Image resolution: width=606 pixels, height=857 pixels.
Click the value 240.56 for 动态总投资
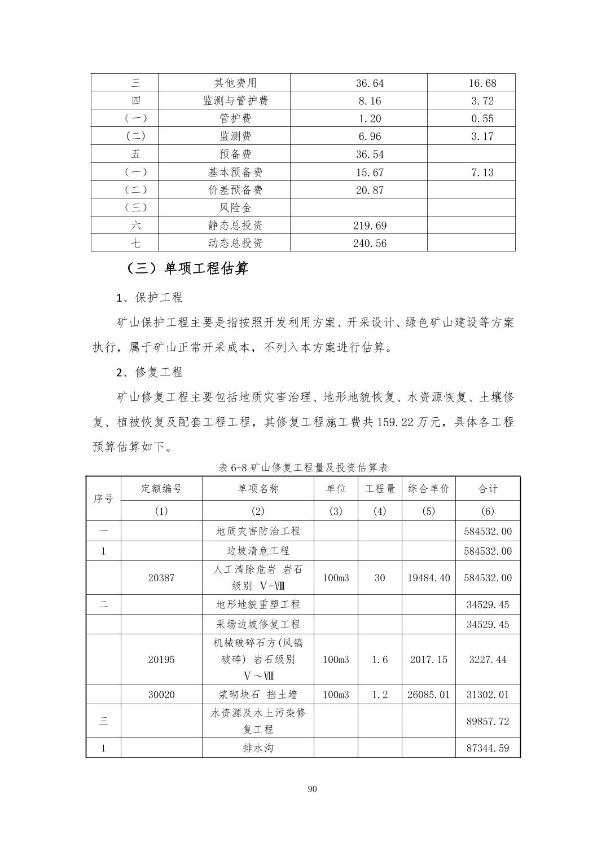coord(370,244)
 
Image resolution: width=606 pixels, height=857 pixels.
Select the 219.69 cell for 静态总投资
coord(370,226)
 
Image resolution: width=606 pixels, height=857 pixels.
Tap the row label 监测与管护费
coord(235,101)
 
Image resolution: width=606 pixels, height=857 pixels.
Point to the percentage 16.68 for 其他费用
coord(482,83)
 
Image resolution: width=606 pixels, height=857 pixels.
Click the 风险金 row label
coord(235,207)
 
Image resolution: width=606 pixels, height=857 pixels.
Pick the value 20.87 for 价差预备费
coord(370,190)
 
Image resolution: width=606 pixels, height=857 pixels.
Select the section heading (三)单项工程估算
coord(187,268)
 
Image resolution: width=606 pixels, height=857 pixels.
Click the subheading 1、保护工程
coord(150,298)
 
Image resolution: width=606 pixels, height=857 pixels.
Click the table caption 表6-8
coord(303,467)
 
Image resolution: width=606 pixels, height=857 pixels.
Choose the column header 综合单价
coord(429,489)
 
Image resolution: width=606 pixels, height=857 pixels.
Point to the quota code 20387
coord(161,578)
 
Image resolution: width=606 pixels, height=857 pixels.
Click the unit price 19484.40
coord(429,578)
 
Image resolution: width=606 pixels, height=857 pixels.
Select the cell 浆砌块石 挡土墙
coord(258,695)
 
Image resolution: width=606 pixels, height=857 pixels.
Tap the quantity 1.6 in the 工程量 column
coord(380,660)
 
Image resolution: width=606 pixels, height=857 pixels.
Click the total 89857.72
coord(488,721)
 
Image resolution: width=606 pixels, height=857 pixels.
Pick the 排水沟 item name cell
coord(258,748)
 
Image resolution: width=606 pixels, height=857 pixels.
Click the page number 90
coord(313,789)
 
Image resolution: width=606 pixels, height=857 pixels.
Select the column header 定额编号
coord(161,489)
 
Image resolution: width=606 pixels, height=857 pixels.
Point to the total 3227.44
coord(488,660)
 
